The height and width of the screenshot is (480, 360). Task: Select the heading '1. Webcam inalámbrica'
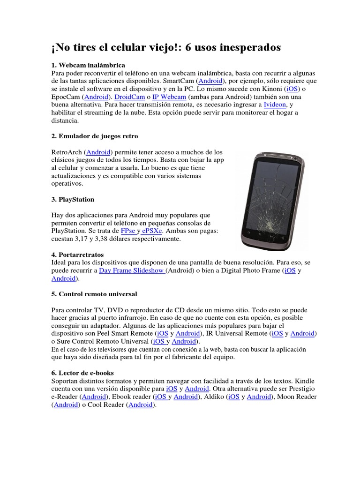pyautogui.click(x=88, y=65)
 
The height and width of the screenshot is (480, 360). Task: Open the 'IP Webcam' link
pyautogui.click(x=169, y=97)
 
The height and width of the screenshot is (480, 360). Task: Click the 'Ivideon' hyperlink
pyautogui.click(x=275, y=105)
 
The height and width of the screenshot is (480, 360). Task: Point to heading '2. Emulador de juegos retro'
pyautogui.click(x=95, y=136)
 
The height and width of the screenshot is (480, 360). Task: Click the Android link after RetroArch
pyautogui.click(x=98, y=152)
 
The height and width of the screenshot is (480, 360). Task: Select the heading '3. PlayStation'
pyautogui.click(x=73, y=199)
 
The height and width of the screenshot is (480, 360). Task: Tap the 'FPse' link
pyautogui.click(x=128, y=231)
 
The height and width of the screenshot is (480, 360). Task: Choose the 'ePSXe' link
pyautogui.click(x=152, y=231)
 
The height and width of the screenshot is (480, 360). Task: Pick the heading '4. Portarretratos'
pyautogui.click(x=77, y=255)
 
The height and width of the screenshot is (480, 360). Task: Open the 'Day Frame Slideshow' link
pyautogui.click(x=132, y=270)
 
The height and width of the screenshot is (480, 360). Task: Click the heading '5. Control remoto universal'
pyautogui.click(x=94, y=294)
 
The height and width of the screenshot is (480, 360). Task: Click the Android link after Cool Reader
pyautogui.click(x=141, y=405)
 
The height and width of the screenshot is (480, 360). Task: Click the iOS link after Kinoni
pyautogui.click(x=291, y=89)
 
